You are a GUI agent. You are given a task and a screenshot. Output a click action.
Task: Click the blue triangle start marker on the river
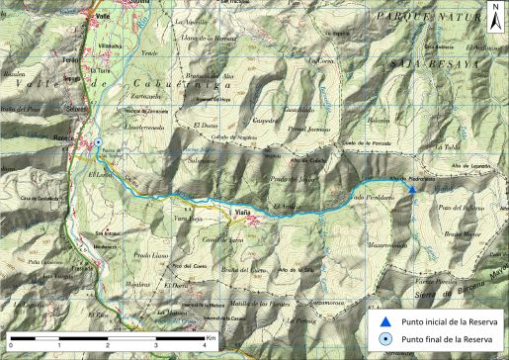click(411, 188)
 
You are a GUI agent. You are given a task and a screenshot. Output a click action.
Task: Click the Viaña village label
click(242, 212)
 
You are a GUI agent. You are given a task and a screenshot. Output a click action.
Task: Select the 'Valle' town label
click(104, 18)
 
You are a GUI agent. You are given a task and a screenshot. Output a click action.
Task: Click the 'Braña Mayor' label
click(462, 233)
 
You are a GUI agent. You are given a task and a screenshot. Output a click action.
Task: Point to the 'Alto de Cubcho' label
click(305, 160)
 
